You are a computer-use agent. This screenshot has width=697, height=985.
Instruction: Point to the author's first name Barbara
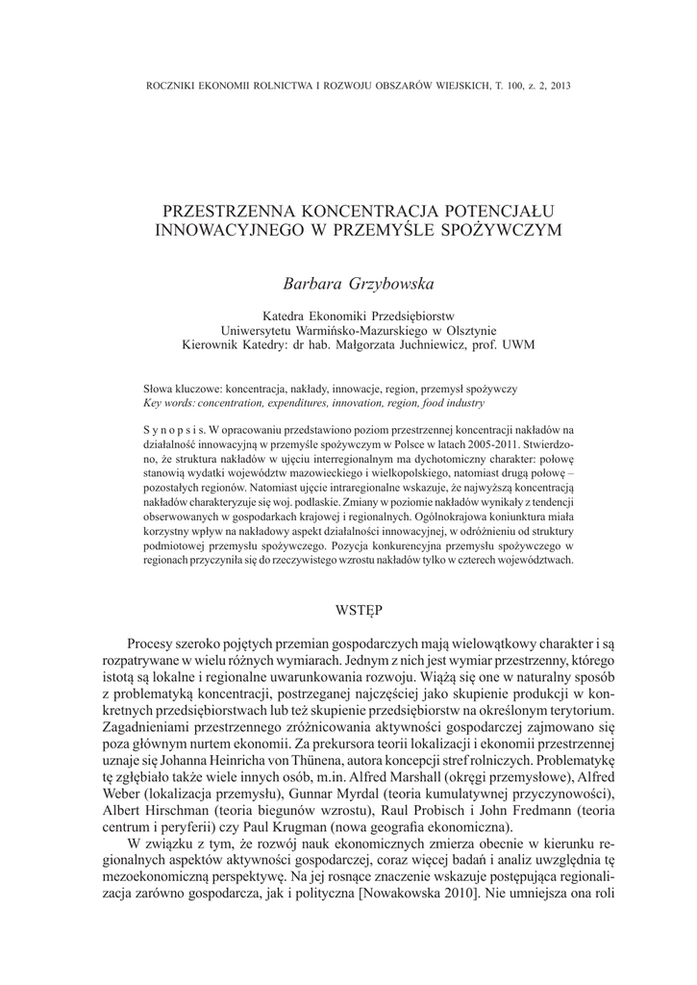[x=309, y=284]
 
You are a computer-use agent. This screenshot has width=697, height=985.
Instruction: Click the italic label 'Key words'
[x=168, y=403]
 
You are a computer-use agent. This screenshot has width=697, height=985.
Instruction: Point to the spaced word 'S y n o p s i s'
[x=173, y=430]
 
